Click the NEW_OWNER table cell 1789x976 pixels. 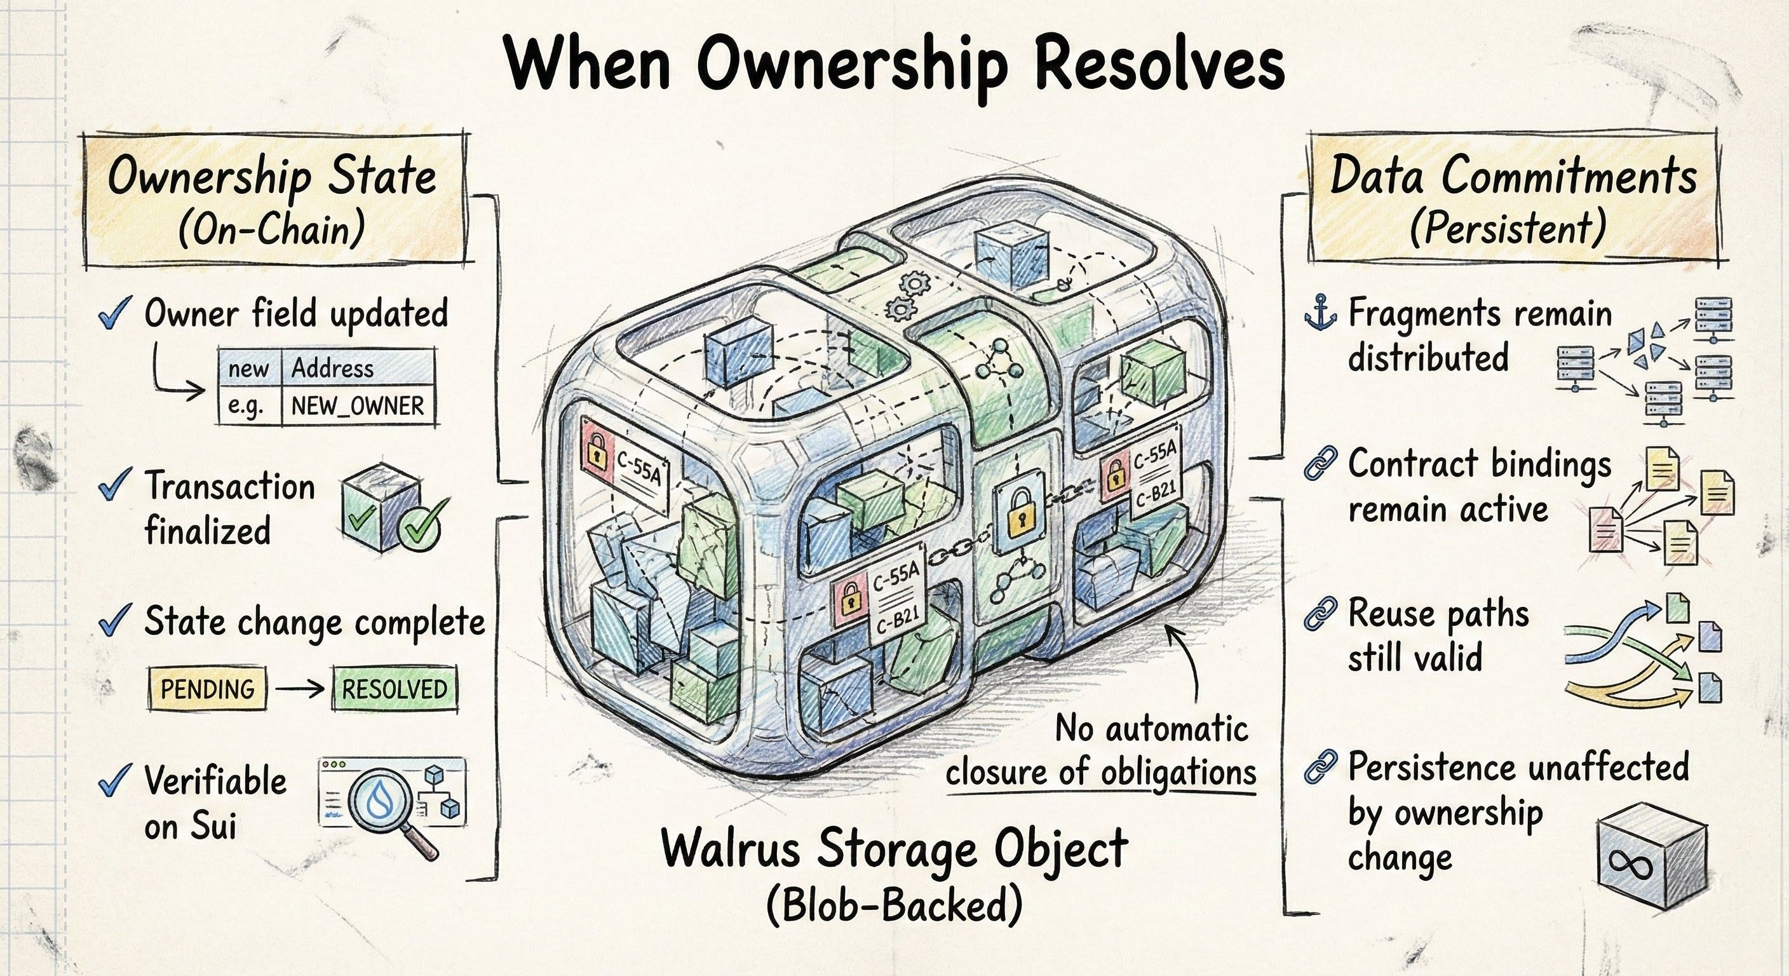pyautogui.click(x=358, y=405)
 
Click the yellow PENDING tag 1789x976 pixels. pyautogui.click(x=208, y=689)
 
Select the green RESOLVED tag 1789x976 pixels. pyautogui.click(x=395, y=689)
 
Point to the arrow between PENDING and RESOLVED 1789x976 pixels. pyautogui.click(x=299, y=689)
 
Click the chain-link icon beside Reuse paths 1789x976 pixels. pyautogui.click(x=1320, y=613)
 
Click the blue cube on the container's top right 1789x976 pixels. pyautogui.click(x=1011, y=259)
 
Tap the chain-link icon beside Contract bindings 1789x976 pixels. pyautogui.click(x=1320, y=463)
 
